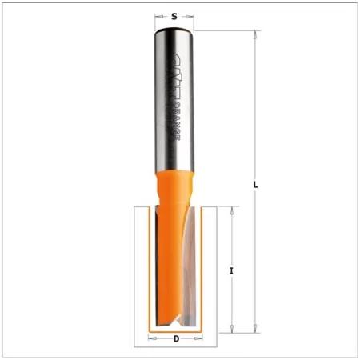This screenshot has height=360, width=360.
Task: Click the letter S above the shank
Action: [174, 15]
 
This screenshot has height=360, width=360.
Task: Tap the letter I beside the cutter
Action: [231, 270]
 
